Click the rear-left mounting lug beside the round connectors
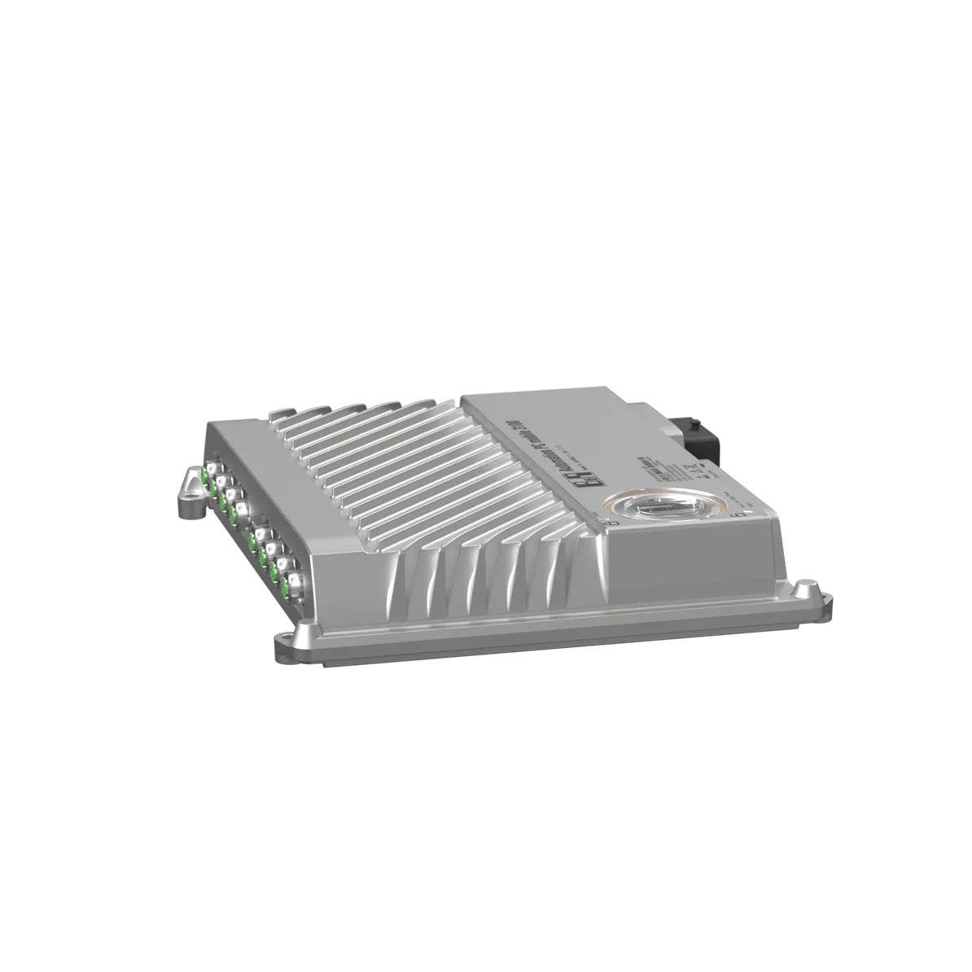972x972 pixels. point(190,493)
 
